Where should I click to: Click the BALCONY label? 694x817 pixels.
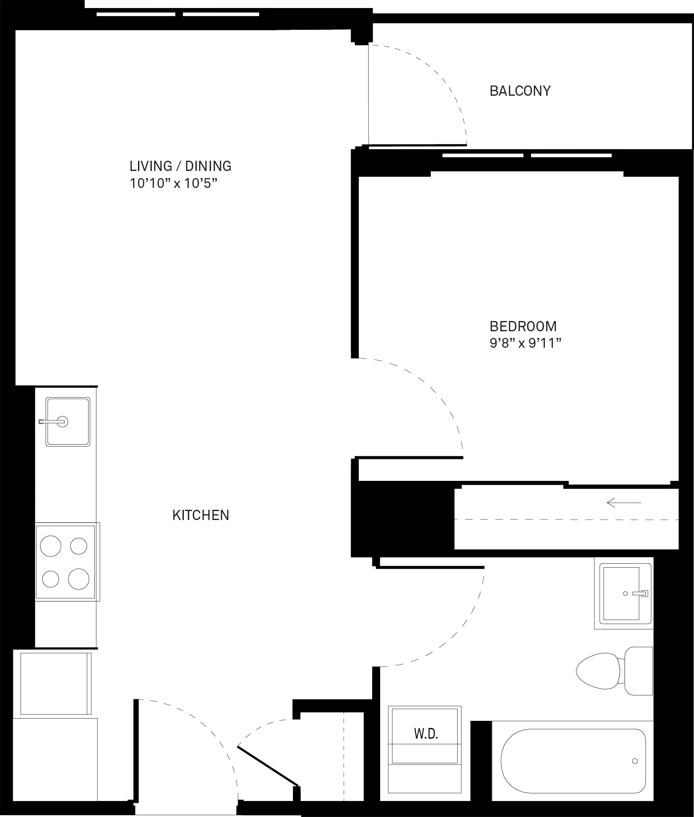(520, 91)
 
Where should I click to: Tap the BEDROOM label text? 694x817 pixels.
(523, 326)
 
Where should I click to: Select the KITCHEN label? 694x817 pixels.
(201, 515)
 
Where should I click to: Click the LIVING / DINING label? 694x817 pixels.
(181, 166)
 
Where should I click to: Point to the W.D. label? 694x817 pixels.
(426, 734)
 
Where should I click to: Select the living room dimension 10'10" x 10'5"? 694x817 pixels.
(174, 183)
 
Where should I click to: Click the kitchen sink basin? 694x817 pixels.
(68, 422)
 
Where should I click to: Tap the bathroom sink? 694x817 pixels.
(623, 593)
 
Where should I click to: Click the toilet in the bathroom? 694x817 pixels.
(614, 671)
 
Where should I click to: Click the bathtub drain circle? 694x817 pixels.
(635, 761)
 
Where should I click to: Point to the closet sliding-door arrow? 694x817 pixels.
(624, 503)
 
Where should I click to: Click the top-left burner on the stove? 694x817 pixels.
(51, 546)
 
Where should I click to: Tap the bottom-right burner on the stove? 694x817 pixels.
(79, 579)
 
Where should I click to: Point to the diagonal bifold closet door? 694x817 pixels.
(268, 766)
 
